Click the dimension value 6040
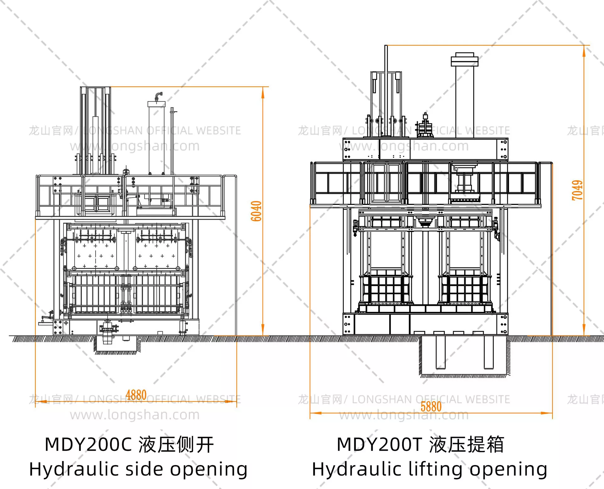click(x=256, y=211)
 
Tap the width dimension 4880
click(x=136, y=395)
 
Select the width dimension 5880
click(x=431, y=407)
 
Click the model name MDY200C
click(x=88, y=444)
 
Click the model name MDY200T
click(x=379, y=444)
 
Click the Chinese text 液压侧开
click(x=176, y=445)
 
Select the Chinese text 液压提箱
click(x=467, y=445)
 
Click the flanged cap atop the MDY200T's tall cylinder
click(x=465, y=59)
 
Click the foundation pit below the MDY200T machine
click(x=464, y=356)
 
